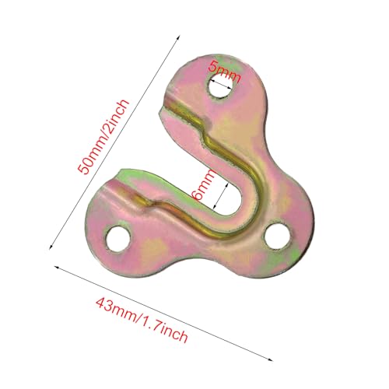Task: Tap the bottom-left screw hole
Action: (117, 239)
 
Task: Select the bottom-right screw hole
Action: (277, 236)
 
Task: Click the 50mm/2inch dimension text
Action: (103, 137)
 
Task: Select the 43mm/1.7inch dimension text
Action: (142, 320)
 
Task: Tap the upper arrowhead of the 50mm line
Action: (179, 37)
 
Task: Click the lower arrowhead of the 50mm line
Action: (51, 247)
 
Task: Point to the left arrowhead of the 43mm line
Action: (56, 267)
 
